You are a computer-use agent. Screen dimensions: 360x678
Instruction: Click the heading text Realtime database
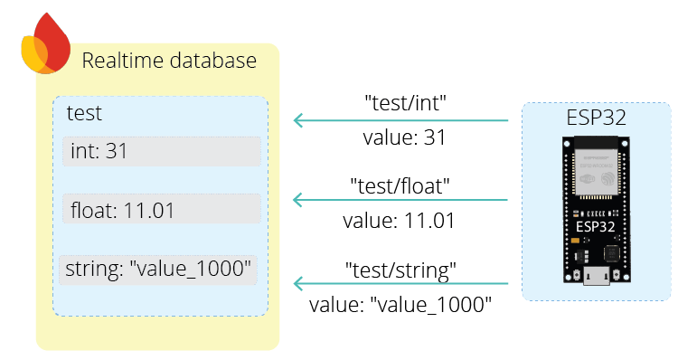coord(169,62)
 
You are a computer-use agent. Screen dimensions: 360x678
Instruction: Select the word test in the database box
coord(84,114)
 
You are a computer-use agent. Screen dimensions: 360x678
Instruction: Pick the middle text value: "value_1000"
coord(400,305)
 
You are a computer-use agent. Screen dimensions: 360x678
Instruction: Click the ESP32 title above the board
coord(596,118)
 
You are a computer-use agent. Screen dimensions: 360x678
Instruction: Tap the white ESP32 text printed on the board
coord(596,227)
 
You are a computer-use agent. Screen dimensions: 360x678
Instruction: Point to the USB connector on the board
coord(596,276)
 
